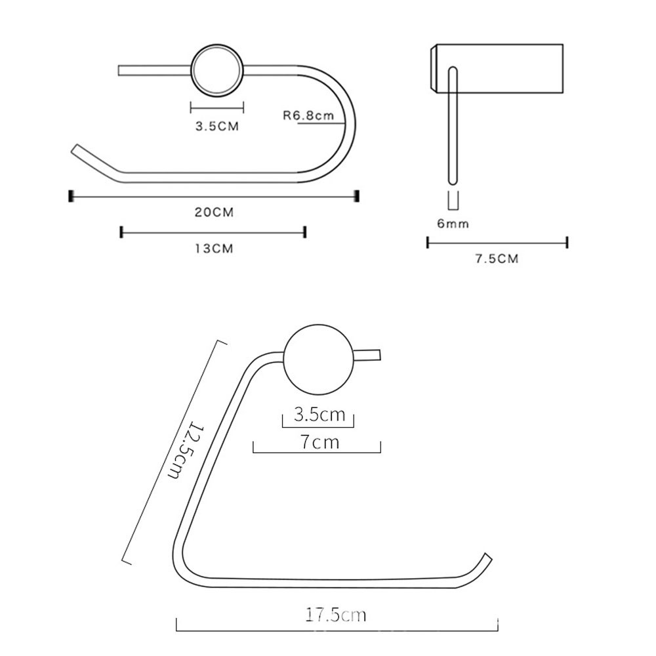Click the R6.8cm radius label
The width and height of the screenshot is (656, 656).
tap(308, 115)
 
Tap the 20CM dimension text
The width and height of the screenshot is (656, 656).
tap(215, 212)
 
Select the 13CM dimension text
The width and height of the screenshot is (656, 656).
tap(214, 249)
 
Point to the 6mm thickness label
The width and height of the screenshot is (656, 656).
tap(453, 224)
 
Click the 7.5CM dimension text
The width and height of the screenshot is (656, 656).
tap(497, 258)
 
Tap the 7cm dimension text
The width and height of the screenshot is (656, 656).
tap(319, 442)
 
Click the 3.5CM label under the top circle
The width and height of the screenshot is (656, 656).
tap(217, 126)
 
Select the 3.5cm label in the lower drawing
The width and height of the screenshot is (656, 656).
tap(319, 415)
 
